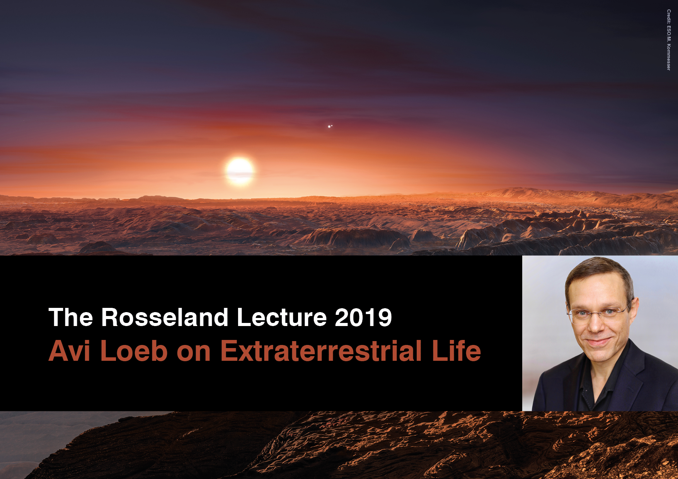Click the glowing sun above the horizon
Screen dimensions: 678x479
pyautogui.click(x=240, y=171)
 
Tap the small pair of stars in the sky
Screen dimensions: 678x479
pyautogui.click(x=330, y=126)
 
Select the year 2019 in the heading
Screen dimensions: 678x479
pyautogui.click(x=363, y=318)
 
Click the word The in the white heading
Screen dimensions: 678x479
pyautogui.click(x=71, y=318)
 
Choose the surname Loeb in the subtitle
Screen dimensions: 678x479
pyautogui.click(x=134, y=351)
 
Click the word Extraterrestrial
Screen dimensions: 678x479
pyautogui.click(x=321, y=351)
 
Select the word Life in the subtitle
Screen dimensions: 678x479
pyautogui.click(x=457, y=351)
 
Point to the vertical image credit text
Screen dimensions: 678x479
pyautogui.click(x=668, y=40)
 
